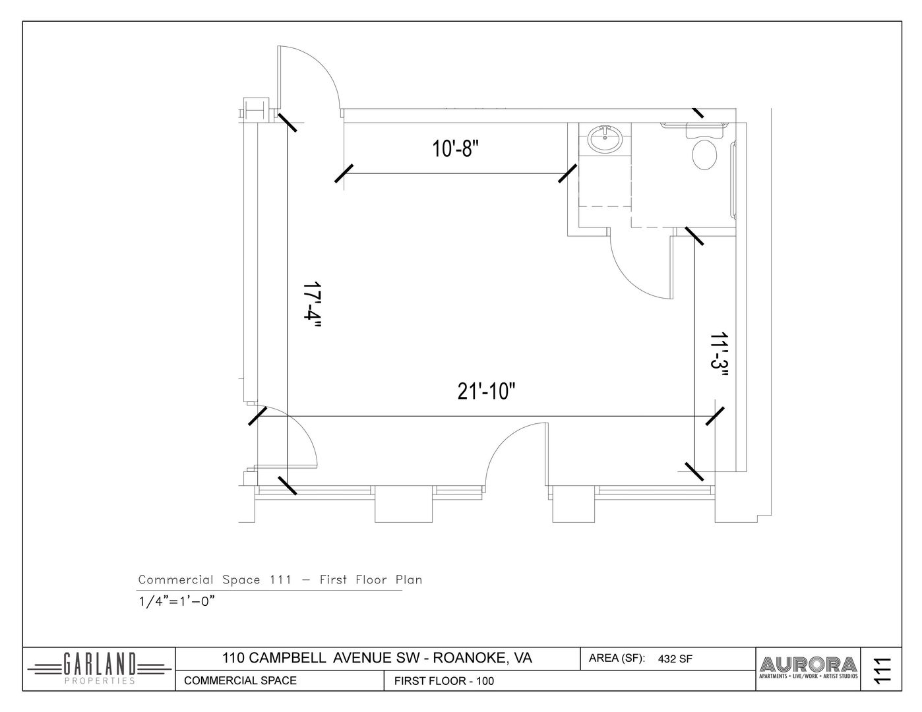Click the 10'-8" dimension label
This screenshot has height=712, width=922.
coord(455,149)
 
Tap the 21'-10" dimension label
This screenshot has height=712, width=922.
coord(486,391)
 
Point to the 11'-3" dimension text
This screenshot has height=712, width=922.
coord(719,356)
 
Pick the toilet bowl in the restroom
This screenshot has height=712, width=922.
coord(704,154)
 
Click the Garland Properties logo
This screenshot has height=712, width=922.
coord(100,669)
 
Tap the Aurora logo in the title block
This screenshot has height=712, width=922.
coord(809,668)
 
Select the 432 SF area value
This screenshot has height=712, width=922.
coord(675,659)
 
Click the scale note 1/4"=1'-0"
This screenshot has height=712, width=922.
coord(177,601)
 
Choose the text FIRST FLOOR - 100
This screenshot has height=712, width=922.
coord(445,681)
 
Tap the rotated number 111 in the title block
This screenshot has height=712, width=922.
coord(881,670)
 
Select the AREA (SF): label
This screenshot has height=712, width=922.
coord(617,659)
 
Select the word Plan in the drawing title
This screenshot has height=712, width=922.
coord(409,579)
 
